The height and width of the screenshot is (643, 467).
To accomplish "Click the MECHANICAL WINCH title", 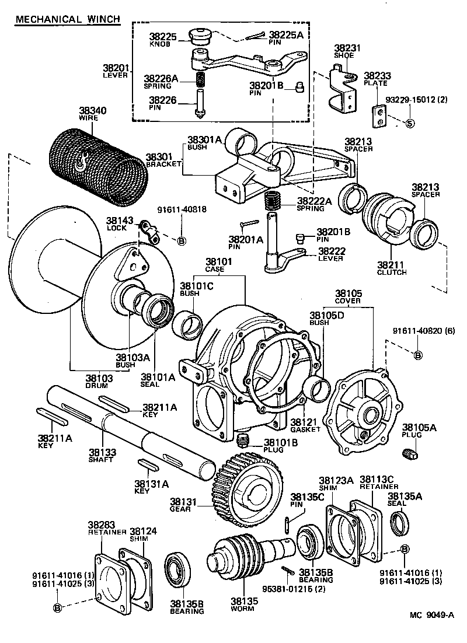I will click(67, 19).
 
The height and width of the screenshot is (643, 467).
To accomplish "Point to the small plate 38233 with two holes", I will click(380, 115).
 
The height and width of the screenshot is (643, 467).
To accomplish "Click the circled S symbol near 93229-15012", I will click(409, 124).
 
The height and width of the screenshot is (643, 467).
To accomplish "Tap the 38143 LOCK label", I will click(120, 224).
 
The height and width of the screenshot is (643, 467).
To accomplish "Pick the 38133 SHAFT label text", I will click(102, 455).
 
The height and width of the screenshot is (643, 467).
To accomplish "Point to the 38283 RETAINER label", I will click(107, 528).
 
